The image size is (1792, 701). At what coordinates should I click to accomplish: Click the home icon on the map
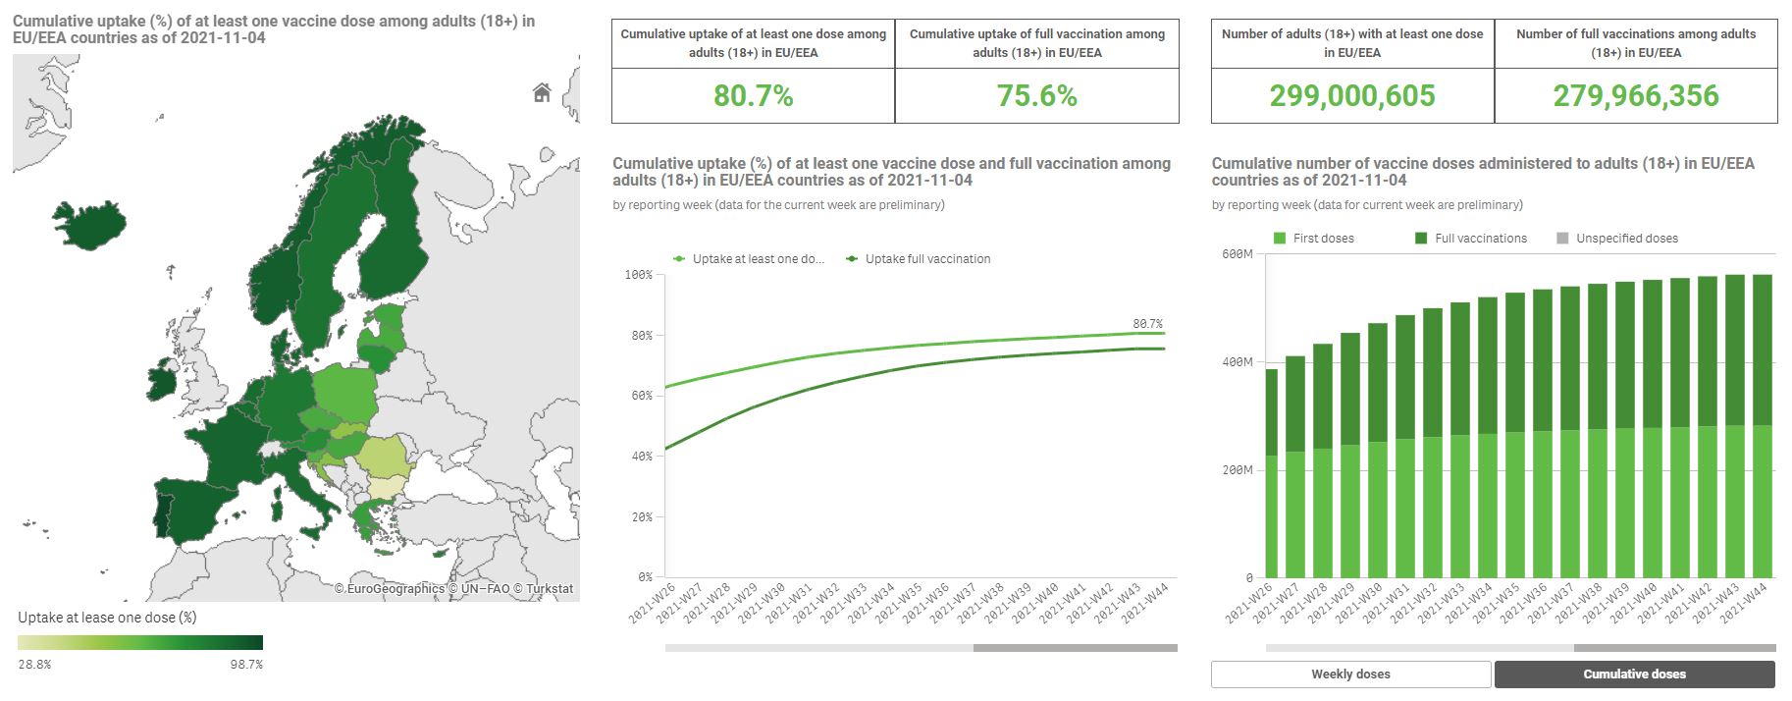coord(542,92)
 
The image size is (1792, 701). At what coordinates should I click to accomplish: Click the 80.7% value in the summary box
coord(753,96)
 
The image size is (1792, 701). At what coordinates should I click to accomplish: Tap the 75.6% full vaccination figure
coord(1036,96)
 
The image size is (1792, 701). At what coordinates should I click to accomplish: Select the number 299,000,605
coord(1351,96)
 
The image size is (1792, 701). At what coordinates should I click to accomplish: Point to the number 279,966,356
coord(1635,96)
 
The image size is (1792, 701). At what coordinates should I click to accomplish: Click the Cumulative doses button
coord(1634,674)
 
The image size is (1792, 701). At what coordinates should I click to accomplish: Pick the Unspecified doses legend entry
coord(1626,239)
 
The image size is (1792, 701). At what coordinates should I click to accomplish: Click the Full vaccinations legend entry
coord(1480,239)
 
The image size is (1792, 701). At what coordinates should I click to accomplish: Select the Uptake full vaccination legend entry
coord(926,259)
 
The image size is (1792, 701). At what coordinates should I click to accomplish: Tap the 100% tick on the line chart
coord(639,275)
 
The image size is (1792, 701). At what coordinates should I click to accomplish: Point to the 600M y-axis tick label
coord(1238,254)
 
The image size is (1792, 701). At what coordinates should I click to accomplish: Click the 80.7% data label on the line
coord(1147,324)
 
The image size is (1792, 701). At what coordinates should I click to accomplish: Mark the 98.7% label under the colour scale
coord(246,665)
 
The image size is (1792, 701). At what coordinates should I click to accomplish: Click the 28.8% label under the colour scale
coord(34,665)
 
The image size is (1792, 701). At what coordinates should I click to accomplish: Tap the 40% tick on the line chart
coord(642,457)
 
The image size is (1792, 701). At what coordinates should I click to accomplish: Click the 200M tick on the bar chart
coord(1238,470)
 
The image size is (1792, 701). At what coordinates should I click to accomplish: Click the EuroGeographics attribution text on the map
coord(389,589)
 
